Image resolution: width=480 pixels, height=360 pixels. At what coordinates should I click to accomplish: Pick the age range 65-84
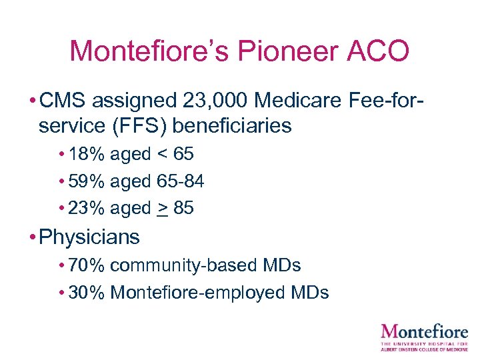(180, 181)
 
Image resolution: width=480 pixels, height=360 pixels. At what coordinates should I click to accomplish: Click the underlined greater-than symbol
(163, 208)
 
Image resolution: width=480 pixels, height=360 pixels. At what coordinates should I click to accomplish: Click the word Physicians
(89, 237)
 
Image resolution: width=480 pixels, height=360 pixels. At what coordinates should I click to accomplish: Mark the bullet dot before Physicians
(33, 237)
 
